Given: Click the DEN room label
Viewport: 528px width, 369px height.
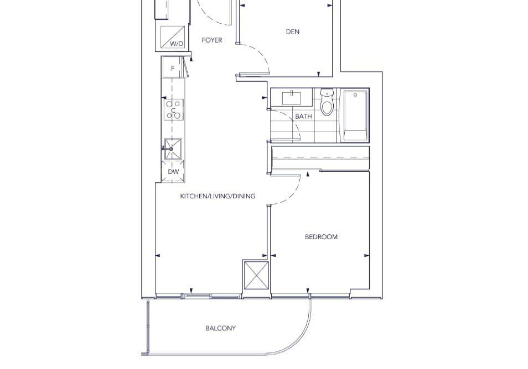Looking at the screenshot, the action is click(x=293, y=31).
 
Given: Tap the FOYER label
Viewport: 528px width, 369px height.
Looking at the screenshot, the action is click(x=212, y=40).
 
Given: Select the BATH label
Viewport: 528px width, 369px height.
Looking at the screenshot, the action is click(x=303, y=116).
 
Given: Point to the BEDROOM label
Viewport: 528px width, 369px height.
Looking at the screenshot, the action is click(x=321, y=237).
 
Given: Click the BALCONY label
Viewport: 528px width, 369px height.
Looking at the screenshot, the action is click(x=221, y=328).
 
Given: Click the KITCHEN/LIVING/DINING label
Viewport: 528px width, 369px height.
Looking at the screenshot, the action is click(x=218, y=196).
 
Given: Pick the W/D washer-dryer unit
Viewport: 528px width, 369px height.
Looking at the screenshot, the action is click(x=173, y=37).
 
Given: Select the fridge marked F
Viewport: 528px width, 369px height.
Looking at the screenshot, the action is click(x=173, y=67).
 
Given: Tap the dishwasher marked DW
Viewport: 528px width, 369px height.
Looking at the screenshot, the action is click(x=173, y=172).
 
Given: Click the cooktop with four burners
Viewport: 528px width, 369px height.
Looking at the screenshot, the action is click(x=174, y=109).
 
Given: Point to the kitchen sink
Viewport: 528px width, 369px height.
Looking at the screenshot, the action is click(x=173, y=149).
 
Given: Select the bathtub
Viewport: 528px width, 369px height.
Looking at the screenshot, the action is click(x=355, y=115).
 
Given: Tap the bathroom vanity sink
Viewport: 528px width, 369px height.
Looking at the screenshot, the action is click(x=292, y=98).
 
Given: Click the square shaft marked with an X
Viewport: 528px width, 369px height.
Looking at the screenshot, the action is click(x=256, y=275).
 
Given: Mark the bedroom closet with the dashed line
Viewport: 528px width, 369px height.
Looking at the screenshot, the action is click(x=320, y=158).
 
